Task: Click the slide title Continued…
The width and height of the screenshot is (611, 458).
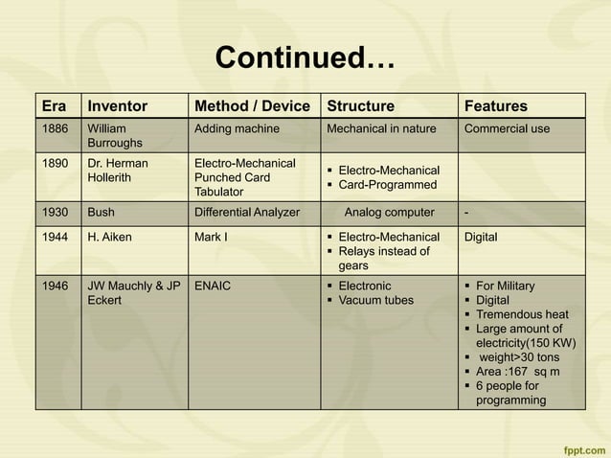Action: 305,58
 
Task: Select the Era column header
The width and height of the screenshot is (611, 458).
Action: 54,105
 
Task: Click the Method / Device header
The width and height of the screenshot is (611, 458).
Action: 252,105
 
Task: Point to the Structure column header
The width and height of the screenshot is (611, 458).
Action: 361,105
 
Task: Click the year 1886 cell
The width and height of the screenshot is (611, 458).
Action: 54,128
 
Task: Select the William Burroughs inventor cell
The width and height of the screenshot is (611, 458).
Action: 115,135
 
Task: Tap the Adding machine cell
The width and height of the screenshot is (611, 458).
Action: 237,128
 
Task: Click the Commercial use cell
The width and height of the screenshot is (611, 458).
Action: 507,128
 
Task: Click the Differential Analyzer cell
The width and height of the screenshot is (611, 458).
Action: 246,213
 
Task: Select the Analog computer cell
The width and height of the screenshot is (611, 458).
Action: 389,213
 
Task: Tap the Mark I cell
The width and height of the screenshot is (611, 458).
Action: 210,236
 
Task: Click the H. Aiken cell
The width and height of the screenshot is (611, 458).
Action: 108,236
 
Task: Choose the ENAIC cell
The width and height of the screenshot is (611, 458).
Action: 213,286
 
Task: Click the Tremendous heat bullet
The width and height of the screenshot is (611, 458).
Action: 522,314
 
